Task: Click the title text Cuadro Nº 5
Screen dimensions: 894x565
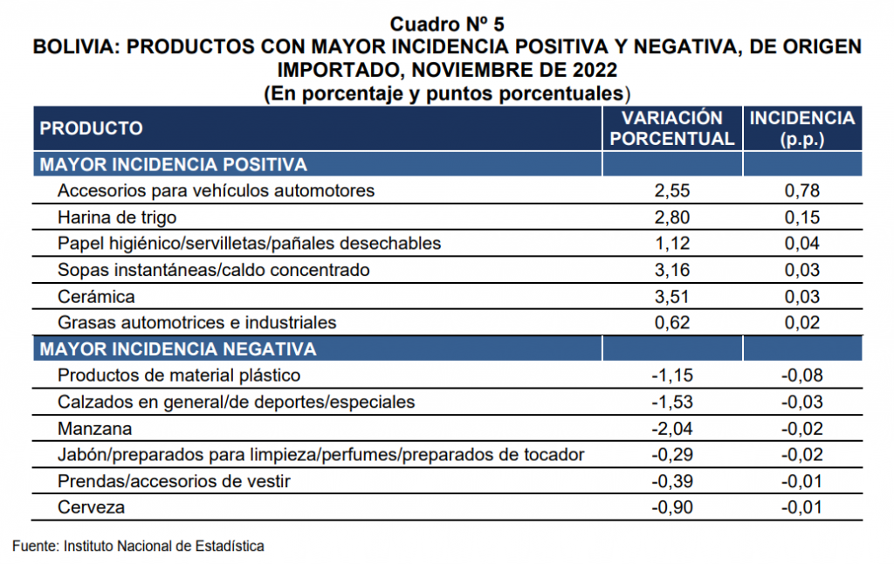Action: click(x=447, y=24)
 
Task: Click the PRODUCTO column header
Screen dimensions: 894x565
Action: click(x=91, y=128)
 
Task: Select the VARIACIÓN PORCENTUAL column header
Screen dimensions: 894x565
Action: click(x=672, y=128)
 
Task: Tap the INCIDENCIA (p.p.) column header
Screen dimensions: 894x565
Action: click(x=802, y=128)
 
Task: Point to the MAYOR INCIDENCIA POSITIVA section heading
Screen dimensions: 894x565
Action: click(x=174, y=165)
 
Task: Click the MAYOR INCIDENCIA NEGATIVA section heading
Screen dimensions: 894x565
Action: click(x=178, y=349)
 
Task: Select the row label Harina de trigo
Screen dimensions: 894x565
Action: click(x=117, y=217)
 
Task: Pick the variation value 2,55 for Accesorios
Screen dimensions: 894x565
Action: click(x=672, y=190)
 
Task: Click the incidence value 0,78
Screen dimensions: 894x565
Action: click(x=802, y=190)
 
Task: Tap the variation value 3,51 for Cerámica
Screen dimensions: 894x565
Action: click(x=672, y=296)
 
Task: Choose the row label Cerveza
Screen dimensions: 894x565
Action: click(x=91, y=506)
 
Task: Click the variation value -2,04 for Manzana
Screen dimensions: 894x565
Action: click(x=672, y=428)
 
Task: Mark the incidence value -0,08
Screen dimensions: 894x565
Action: click(x=802, y=376)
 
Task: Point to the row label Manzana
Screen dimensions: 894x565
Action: click(x=94, y=428)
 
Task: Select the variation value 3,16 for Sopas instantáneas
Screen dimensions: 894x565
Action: click(x=672, y=270)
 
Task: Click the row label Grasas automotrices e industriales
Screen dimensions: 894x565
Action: click(x=196, y=323)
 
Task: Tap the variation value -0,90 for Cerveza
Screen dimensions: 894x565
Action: click(x=672, y=506)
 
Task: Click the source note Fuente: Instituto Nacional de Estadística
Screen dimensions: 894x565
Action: click(x=138, y=546)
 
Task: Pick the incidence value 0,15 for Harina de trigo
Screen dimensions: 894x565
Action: click(x=802, y=217)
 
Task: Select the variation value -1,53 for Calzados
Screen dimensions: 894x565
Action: click(x=672, y=402)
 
